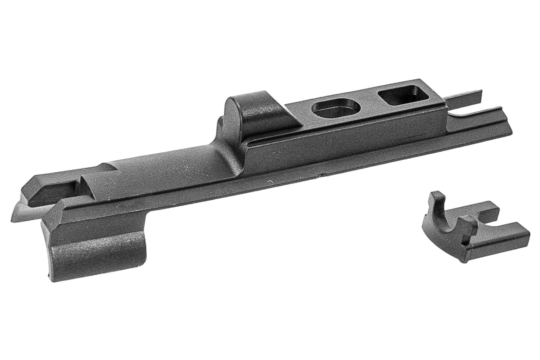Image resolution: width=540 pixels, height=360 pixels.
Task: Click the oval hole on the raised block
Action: pyautogui.click(x=336, y=108)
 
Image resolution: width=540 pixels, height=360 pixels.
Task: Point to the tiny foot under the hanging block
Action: pyautogui.click(x=48, y=278)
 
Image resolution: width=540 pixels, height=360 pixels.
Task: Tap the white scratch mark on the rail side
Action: pyautogui.click(x=270, y=181)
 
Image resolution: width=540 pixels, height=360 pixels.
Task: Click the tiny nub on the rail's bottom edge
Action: pyautogui.click(x=320, y=176)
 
